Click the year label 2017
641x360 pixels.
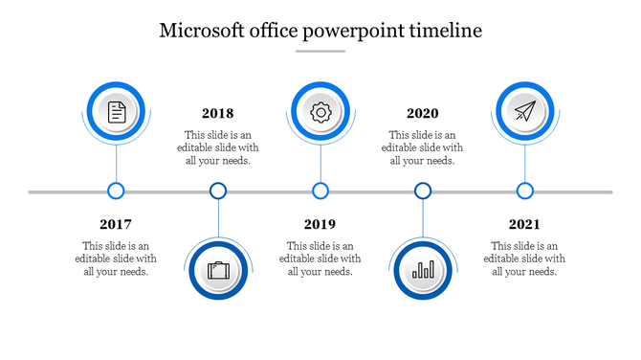(115, 224)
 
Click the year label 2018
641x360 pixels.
(217, 113)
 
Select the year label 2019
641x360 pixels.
(320, 224)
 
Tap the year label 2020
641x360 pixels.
(422, 113)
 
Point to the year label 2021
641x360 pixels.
(524, 224)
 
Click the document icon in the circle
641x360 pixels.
(116, 112)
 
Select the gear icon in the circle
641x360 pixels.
(320, 112)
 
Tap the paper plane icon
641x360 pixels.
(524, 112)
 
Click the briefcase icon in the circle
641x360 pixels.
(219, 270)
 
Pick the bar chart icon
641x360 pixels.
(423, 270)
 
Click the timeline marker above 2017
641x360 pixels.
(116, 191)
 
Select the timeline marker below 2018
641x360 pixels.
(218, 191)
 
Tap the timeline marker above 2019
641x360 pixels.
(320, 191)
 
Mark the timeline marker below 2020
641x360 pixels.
(423, 191)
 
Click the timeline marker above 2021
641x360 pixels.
(525, 191)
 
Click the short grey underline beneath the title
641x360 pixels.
(320, 52)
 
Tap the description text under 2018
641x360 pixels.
(217, 147)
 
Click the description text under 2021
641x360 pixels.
(524, 259)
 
